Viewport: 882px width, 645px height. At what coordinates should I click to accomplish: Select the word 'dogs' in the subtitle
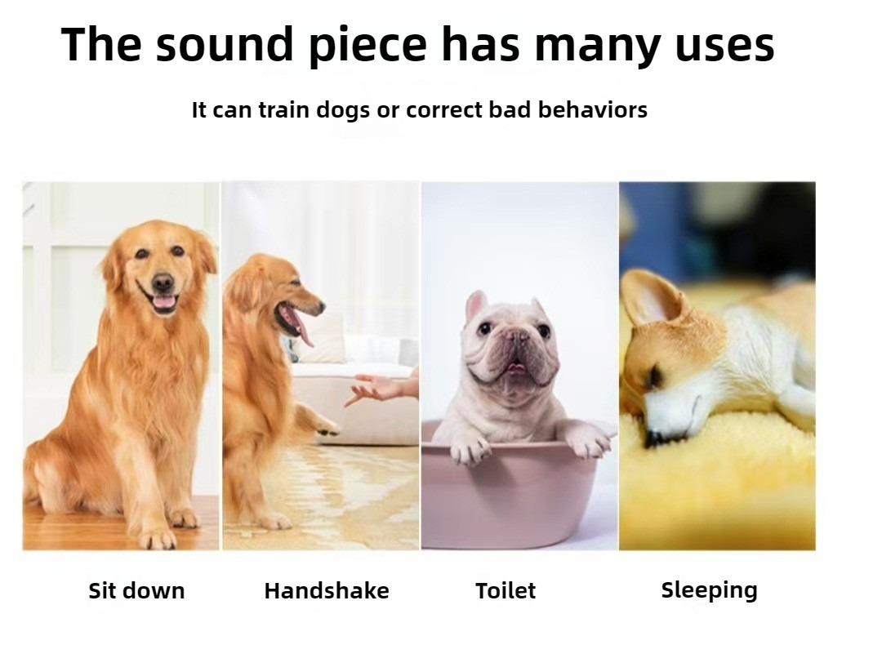343,110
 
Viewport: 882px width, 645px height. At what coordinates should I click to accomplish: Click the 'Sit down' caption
136,590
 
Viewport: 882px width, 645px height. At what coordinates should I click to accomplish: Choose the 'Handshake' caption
327,590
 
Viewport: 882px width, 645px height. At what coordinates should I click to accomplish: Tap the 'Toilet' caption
506,590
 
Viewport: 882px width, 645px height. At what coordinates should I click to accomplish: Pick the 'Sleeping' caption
710,590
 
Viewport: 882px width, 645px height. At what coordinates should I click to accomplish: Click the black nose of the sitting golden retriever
163,282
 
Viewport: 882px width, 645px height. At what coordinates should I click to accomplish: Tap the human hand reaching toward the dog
381,388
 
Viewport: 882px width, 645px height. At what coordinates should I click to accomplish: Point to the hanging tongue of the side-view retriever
303,331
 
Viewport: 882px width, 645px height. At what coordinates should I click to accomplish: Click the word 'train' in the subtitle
285,109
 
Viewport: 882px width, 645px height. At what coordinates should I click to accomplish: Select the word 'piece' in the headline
367,46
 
